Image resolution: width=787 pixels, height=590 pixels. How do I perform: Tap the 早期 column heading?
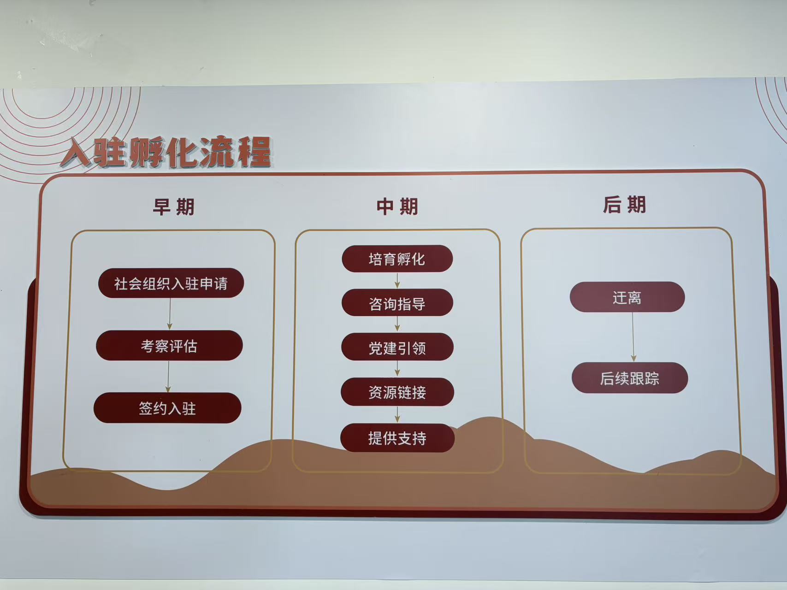(174, 206)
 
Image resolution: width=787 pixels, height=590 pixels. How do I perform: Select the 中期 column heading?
(397, 206)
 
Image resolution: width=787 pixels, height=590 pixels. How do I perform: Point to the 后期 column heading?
(625, 204)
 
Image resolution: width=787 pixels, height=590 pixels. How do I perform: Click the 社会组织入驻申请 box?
(171, 283)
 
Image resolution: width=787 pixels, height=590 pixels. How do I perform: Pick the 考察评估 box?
(169, 345)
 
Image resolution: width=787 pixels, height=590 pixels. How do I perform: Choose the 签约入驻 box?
(167, 408)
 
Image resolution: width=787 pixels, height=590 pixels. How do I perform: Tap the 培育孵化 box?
(397, 259)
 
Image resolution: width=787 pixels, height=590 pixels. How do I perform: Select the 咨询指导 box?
(397, 303)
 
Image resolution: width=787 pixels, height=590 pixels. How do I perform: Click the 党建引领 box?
(397, 347)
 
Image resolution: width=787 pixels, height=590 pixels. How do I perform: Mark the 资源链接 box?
(397, 392)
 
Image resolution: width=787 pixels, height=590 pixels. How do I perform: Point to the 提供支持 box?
(397, 437)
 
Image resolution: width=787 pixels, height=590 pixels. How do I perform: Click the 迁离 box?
(627, 297)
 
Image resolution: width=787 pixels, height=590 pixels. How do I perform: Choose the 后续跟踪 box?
(630, 378)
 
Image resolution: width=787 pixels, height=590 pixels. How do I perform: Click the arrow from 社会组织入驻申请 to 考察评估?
(170, 314)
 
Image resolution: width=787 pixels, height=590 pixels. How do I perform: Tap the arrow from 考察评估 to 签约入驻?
(168, 377)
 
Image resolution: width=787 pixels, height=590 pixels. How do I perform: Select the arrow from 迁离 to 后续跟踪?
(633, 337)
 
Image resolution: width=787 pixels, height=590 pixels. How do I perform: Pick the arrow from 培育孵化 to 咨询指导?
(397, 281)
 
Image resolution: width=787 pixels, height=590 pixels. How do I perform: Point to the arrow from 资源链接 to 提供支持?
(397, 415)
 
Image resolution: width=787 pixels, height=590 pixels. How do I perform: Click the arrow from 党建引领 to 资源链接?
(397, 369)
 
